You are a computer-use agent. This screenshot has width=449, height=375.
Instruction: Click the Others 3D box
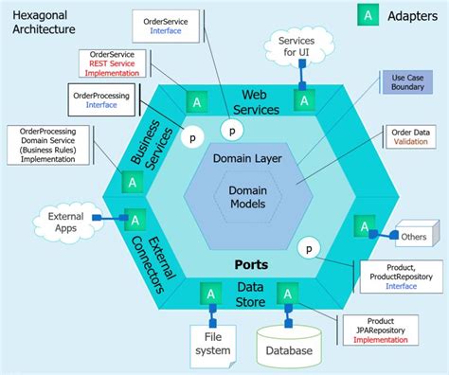pos(415,233)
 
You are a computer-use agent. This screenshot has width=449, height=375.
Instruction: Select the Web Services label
pos(261,103)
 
